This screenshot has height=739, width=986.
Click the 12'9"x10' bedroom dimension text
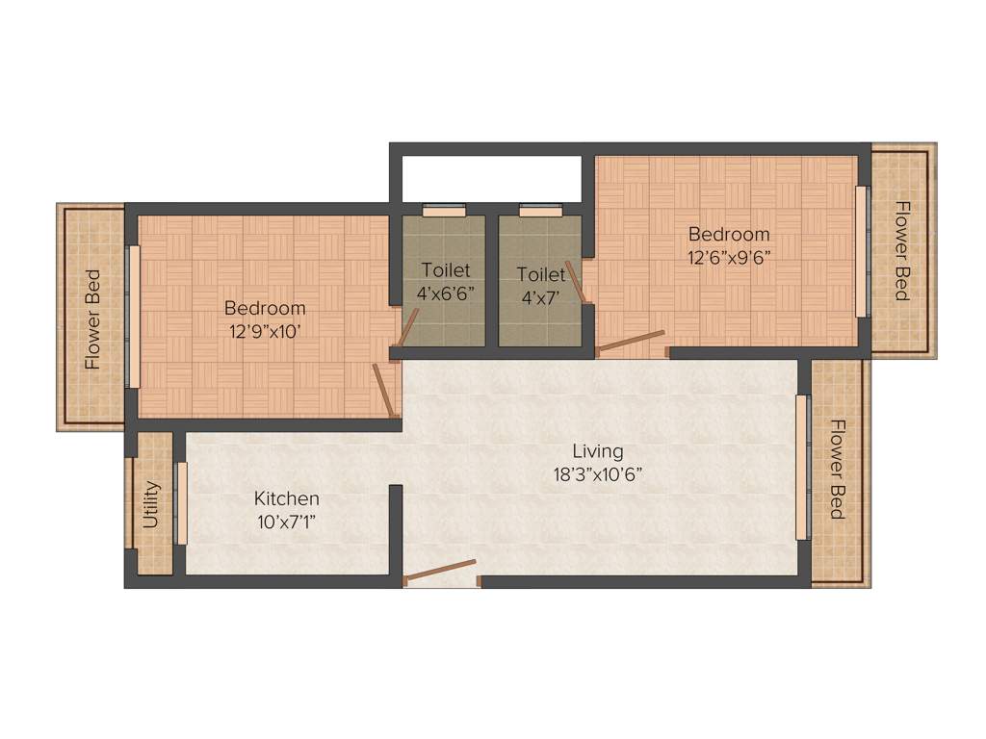265,330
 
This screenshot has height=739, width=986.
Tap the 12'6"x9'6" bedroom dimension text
729,256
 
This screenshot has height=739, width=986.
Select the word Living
597,450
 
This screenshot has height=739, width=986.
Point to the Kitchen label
286,498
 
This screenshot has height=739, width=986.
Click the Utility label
150,505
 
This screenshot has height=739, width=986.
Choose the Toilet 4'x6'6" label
445,281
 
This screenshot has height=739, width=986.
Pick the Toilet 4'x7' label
540,285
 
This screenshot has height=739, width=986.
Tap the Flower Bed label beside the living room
837,470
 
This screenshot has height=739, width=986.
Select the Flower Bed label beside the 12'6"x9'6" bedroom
902,250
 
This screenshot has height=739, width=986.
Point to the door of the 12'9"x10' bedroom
385,390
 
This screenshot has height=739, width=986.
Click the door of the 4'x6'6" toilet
406,328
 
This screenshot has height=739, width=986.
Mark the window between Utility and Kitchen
181,503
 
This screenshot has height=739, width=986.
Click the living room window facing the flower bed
800,467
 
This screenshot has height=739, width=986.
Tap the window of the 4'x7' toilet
540,211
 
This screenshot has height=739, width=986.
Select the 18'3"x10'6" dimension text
597,473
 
